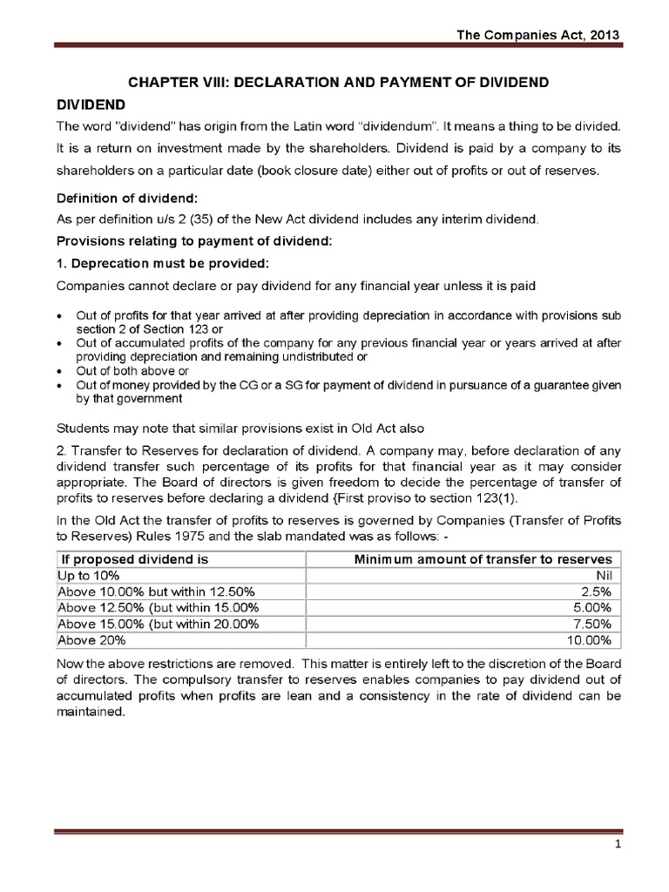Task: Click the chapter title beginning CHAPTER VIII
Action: (338, 82)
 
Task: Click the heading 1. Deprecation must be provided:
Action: (146, 262)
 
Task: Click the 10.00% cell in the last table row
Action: (590, 639)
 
